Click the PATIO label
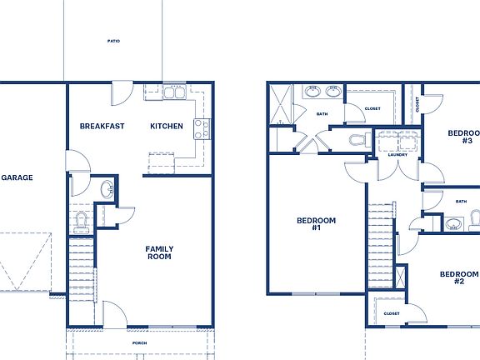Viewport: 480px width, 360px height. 113,41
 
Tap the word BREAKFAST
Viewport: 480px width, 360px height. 102,127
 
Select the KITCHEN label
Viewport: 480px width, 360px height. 166,127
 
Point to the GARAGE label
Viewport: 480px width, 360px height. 17,177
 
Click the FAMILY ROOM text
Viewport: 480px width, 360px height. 158,253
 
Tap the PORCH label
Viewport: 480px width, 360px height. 139,343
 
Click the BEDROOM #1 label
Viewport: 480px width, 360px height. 316,224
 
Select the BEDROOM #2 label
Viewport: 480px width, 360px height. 458,277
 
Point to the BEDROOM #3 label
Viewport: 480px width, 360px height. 462,137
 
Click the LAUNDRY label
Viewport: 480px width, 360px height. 397,155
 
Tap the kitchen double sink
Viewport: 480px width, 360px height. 174,93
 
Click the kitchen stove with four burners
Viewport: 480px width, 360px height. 201,128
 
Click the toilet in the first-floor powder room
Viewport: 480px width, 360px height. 82,220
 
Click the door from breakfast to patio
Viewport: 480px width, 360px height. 122,90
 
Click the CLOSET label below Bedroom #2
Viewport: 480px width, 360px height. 392,314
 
